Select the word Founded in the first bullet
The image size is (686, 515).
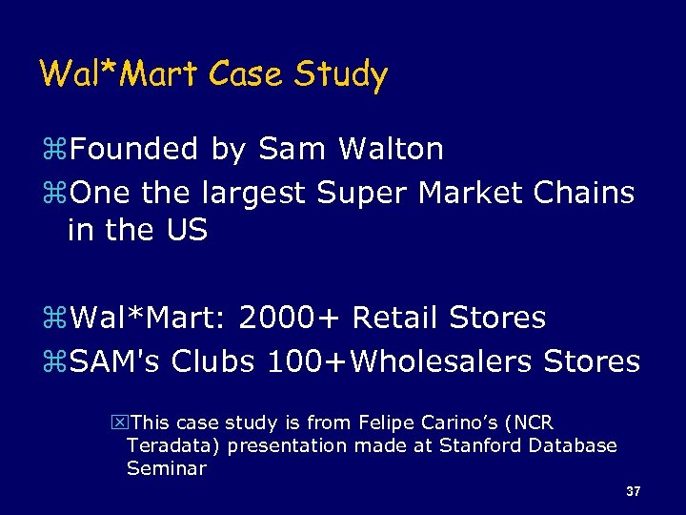134,150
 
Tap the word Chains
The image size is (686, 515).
584,194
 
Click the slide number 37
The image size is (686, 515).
634,492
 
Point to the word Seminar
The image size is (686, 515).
166,468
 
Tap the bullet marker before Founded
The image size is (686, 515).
59,151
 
